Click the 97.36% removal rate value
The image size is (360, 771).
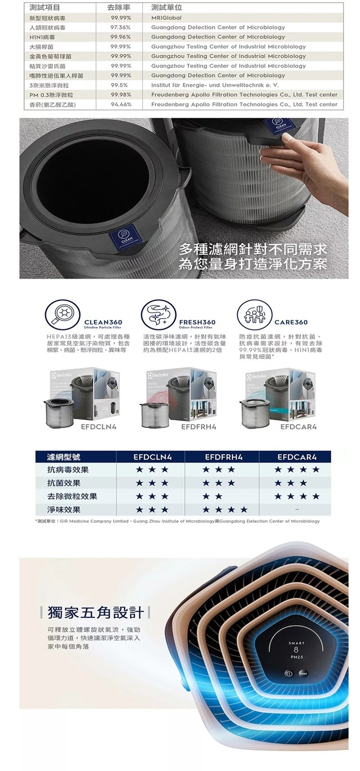(x=121, y=27)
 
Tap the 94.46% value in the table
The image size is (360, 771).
(x=121, y=104)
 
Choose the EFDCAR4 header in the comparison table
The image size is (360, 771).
(x=297, y=456)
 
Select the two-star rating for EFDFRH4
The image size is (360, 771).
(x=212, y=497)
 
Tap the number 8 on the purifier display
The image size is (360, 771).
(x=296, y=650)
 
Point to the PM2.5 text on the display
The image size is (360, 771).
(x=296, y=658)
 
